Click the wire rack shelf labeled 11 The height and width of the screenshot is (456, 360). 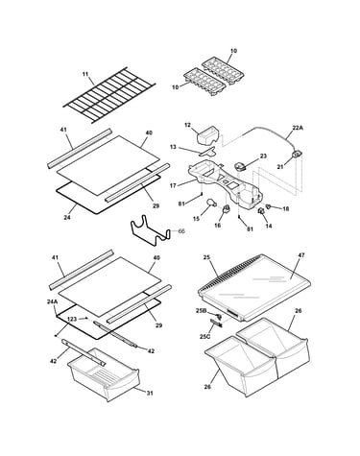[x=109, y=95]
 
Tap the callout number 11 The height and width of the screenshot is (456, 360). [x=85, y=74]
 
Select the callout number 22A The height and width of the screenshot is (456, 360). [x=298, y=128]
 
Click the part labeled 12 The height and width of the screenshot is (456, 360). [x=206, y=136]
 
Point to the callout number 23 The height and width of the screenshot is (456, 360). [x=263, y=156]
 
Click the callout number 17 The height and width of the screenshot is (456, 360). [x=173, y=185]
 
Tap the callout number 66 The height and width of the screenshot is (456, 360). [x=181, y=231]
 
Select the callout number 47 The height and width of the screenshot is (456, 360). [x=301, y=255]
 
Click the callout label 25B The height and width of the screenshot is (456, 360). [x=202, y=310]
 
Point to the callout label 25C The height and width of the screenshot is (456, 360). [x=205, y=336]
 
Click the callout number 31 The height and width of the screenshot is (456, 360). [x=150, y=393]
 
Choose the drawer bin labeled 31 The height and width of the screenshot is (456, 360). [x=104, y=374]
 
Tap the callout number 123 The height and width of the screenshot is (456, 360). [x=72, y=319]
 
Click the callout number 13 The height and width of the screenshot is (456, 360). [x=173, y=147]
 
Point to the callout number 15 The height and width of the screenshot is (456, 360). [x=196, y=219]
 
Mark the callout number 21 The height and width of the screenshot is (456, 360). [x=280, y=167]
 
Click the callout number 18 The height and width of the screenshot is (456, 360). [x=286, y=208]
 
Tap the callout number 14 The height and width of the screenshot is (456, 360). [x=269, y=226]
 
